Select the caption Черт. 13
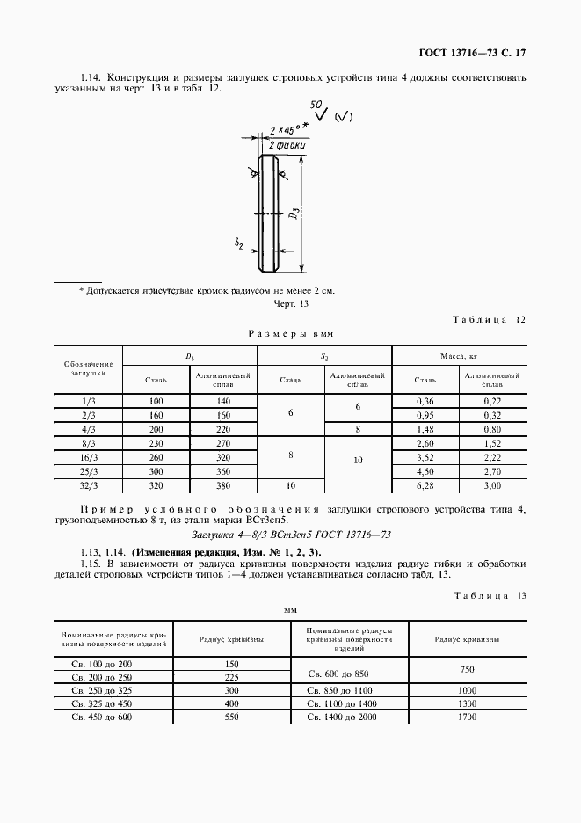292,303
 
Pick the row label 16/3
88,457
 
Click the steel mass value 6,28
425,485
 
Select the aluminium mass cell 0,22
492,401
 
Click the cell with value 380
223,485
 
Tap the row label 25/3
88,471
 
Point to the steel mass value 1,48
425,429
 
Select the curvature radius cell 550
232,717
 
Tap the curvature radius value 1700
468,717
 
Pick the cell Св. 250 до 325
102,690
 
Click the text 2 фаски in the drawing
286,141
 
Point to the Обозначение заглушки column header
88,368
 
